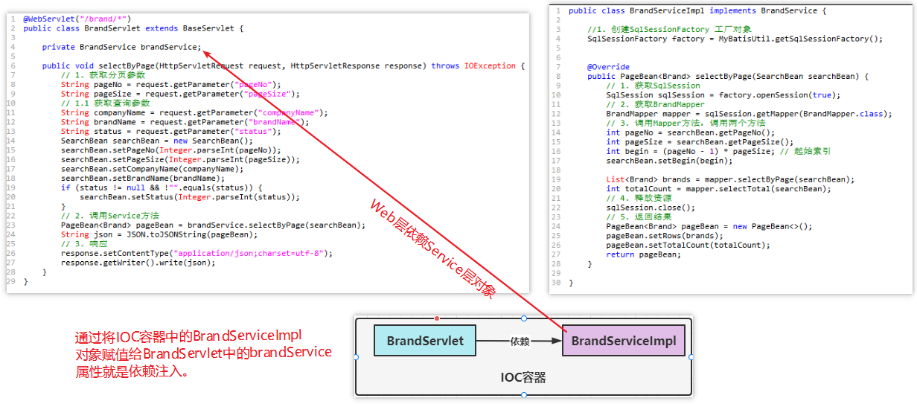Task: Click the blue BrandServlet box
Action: (425, 342)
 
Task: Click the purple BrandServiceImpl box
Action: (624, 342)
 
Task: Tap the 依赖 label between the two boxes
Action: (519, 342)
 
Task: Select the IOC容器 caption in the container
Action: (523, 378)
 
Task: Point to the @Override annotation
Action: (608, 67)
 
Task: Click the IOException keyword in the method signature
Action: (490, 66)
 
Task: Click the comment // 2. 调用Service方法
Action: (110, 216)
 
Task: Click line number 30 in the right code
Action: (556, 283)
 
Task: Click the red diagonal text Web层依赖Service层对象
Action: (432, 249)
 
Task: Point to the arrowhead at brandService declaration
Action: (205, 53)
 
